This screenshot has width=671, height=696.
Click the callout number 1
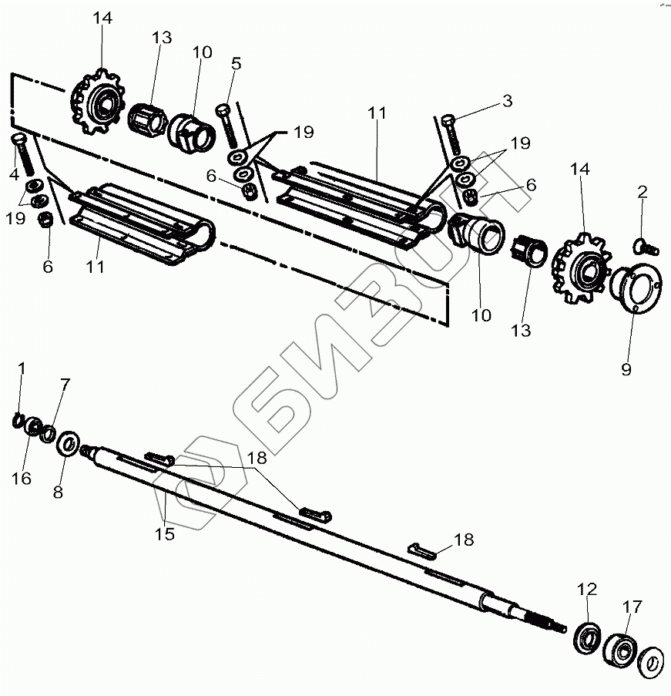(22, 369)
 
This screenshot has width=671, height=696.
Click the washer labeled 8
(68, 443)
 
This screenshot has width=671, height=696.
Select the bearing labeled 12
(589, 636)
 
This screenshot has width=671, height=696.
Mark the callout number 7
(65, 384)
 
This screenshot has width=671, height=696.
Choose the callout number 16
(22, 479)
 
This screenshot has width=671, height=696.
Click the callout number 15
(164, 533)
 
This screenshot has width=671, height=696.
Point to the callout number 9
(626, 369)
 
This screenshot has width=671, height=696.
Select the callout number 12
(587, 590)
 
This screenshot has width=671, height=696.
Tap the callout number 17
(632, 608)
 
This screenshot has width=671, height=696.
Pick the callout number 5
(236, 63)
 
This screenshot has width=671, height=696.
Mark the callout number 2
(642, 192)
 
